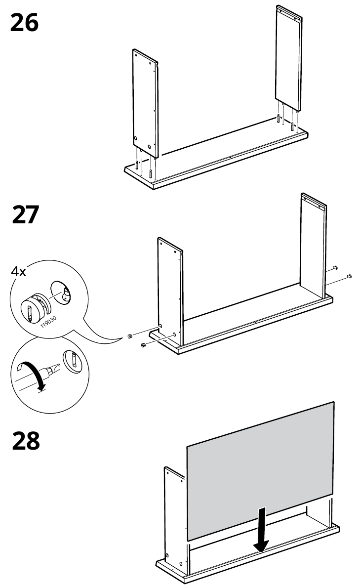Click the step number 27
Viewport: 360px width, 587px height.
tap(24, 215)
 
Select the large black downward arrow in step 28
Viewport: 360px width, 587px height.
tap(261, 529)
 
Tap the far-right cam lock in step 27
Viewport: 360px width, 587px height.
tap(349, 276)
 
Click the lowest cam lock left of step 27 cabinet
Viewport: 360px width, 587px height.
tap(143, 345)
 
